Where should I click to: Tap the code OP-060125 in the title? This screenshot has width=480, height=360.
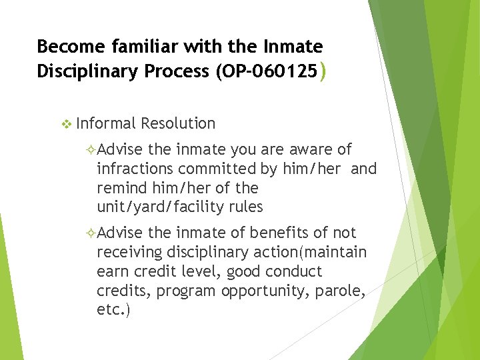pos(267,71)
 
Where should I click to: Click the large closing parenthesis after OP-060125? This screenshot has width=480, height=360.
pos(323,71)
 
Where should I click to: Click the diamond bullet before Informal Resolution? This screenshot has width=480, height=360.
pos(65,123)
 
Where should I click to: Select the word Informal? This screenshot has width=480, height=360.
pos(106,123)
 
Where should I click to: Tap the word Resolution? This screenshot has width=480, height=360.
pos(178,123)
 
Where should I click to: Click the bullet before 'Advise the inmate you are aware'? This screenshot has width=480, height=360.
pos(92,150)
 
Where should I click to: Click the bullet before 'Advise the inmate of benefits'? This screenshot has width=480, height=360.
pos(92,233)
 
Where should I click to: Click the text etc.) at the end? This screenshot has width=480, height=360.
pos(114,311)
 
